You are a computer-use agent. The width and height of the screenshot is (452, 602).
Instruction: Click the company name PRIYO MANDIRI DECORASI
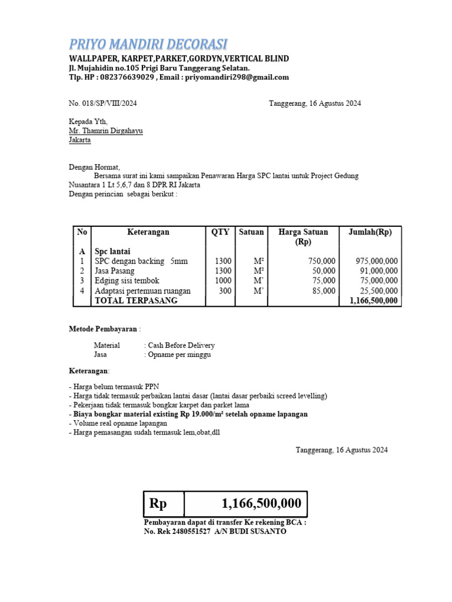pos(148,44)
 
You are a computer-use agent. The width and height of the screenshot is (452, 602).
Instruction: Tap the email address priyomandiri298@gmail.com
pos(237,77)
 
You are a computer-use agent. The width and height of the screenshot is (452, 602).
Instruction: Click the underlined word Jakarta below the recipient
pos(80,141)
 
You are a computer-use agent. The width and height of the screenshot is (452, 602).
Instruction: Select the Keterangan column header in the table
pos(148,232)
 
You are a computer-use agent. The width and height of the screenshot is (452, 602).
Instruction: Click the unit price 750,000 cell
pos(322,261)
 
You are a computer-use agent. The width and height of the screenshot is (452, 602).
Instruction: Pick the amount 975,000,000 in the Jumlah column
pos(377,261)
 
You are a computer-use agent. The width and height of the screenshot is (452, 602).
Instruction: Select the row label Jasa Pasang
pos(115,271)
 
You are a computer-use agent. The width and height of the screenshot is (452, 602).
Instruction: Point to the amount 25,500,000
pos(378,291)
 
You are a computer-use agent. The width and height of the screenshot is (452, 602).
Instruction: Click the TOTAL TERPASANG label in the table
pos(136,300)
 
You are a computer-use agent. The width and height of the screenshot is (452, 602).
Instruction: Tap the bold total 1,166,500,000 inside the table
pos(373,300)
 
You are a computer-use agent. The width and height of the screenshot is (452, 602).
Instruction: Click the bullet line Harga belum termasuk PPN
pos(110,386)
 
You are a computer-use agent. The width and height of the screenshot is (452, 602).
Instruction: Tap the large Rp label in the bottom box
pos(158,504)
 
